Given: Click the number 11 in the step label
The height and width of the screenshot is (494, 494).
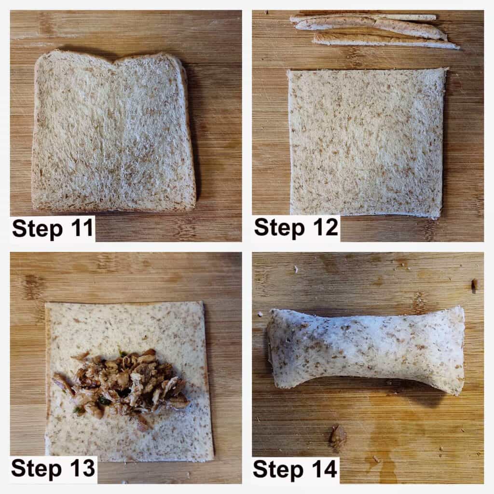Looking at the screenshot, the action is pyautogui.click(x=82, y=228).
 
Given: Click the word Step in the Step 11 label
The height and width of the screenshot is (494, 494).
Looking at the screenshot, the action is pyautogui.click(x=38, y=229).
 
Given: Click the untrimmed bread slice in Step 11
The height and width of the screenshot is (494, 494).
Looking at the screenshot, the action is pyautogui.click(x=113, y=131).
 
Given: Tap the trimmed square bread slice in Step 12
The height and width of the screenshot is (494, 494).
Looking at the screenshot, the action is pyautogui.click(x=367, y=142).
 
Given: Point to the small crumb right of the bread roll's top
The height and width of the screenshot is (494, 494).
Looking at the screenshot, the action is pyautogui.click(x=475, y=285).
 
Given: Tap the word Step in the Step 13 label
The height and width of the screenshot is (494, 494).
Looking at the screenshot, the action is pyautogui.click(x=37, y=469).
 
